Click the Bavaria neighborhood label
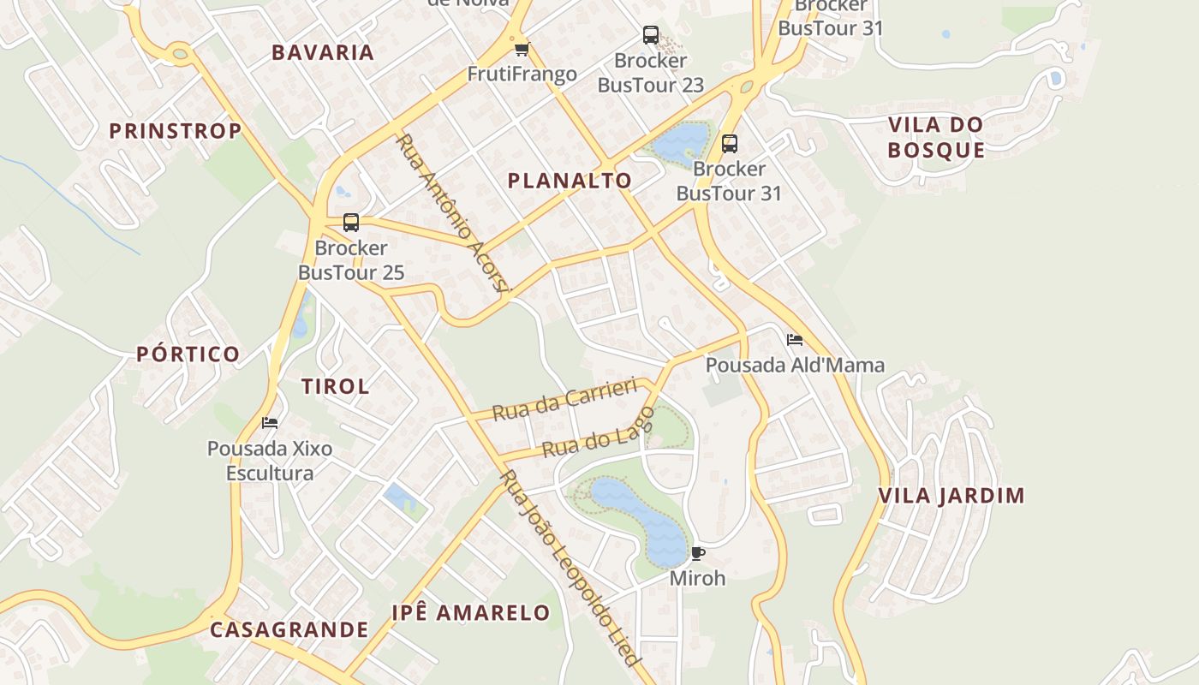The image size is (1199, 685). (323, 52)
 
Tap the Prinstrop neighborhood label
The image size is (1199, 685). (176, 131)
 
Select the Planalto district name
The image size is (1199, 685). (570, 181)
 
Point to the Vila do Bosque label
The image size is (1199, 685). (936, 137)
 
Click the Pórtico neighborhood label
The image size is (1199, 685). (188, 354)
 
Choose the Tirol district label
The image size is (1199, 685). (336, 386)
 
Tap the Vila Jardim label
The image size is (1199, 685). (951, 496)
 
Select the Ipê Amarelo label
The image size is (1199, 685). (471, 613)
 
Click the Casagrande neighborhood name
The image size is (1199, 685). (289, 630)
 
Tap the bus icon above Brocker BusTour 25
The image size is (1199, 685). (350, 223)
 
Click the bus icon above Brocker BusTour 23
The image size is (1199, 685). (651, 35)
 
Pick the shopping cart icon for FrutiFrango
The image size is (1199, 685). (522, 49)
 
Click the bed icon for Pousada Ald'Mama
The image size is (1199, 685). (794, 340)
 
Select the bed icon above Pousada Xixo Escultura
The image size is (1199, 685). (270, 423)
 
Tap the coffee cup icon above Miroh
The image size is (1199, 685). (697, 553)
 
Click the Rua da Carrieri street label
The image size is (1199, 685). (565, 400)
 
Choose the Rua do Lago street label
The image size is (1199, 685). (599, 432)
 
